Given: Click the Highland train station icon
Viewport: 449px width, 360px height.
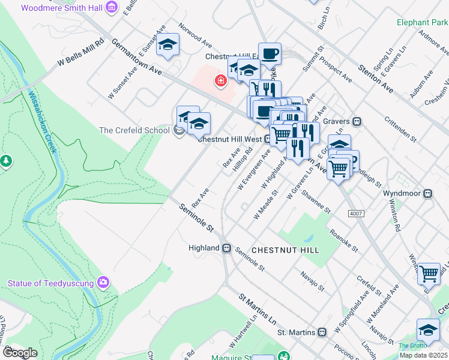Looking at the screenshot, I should coord(227,248).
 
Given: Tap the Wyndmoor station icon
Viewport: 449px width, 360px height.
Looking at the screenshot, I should coord(429,194).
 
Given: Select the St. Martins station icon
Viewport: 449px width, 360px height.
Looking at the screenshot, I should coord(322,332).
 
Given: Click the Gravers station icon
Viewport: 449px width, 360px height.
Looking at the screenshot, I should coord(357,121).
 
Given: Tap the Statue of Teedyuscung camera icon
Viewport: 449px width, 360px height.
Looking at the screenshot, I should coord(103,281).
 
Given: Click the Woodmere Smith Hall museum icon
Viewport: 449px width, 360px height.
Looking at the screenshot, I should coord(112,7).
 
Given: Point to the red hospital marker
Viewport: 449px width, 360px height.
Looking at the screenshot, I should coord(221,80).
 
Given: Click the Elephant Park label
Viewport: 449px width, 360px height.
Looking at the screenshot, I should coord(422,23).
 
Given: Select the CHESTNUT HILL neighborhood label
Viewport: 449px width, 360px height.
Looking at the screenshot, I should coord(285,250).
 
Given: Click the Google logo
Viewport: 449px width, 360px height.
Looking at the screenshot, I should coord(20,353).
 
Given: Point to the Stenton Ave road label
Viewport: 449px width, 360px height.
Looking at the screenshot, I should coord(376,78).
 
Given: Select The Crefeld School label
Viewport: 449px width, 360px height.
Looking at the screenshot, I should coord(134,130).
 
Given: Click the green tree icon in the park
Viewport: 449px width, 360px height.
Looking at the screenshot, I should coord(6,161).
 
